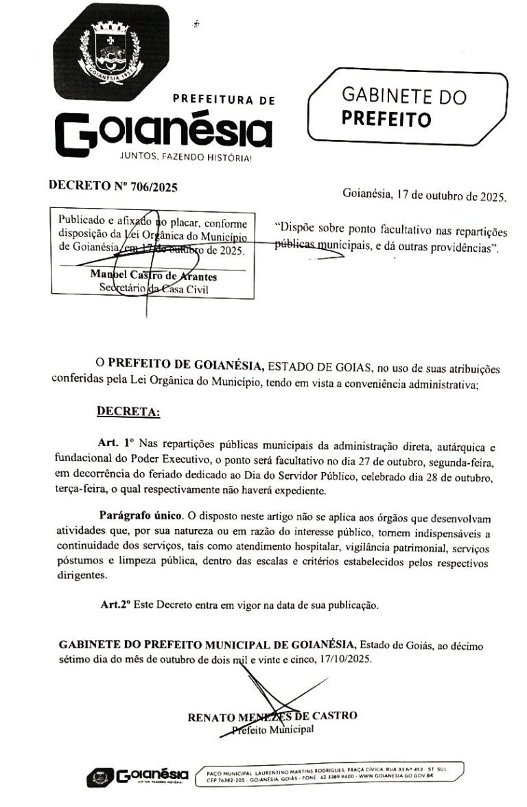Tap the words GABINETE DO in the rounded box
(403, 95)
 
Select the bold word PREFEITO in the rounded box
(386, 119)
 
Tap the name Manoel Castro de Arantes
(154, 276)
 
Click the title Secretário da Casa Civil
(154, 288)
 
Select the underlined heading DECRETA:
(128, 412)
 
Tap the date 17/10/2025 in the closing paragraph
(345, 659)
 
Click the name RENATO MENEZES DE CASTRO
(272, 716)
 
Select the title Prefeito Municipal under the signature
(273, 729)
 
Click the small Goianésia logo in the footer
(137, 776)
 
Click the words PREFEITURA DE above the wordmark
(224, 100)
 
